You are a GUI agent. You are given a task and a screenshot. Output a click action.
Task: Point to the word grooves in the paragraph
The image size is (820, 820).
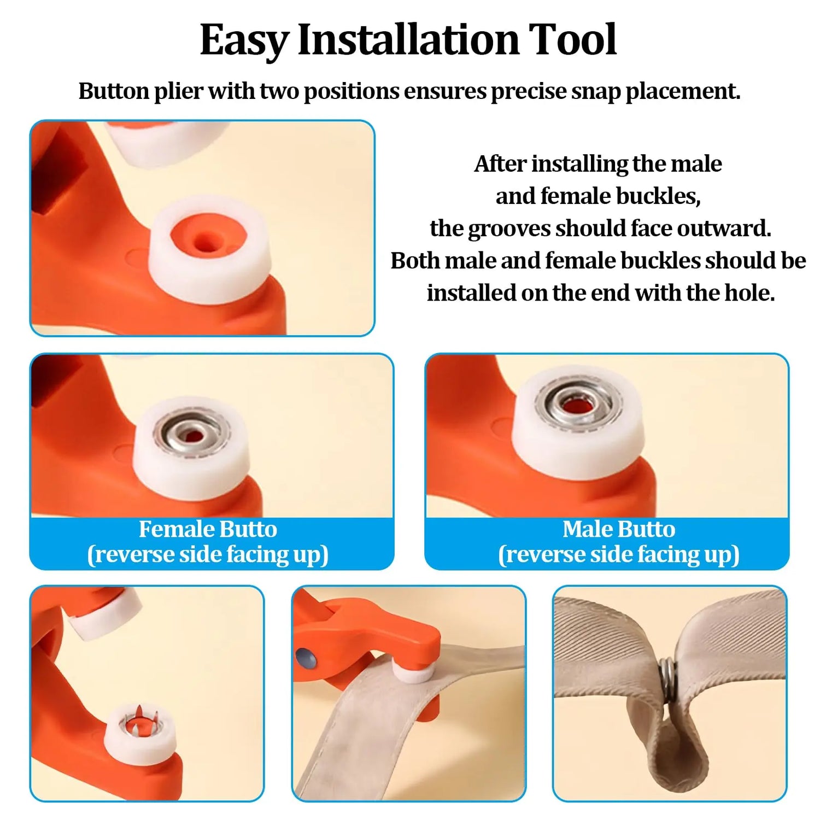pos(509,229)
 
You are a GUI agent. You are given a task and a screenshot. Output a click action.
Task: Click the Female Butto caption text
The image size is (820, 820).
pos(208,529)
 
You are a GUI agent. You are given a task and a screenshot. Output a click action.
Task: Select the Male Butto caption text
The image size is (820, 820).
pos(619,529)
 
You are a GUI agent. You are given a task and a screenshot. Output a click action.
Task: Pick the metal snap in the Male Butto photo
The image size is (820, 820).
pos(578,404)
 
